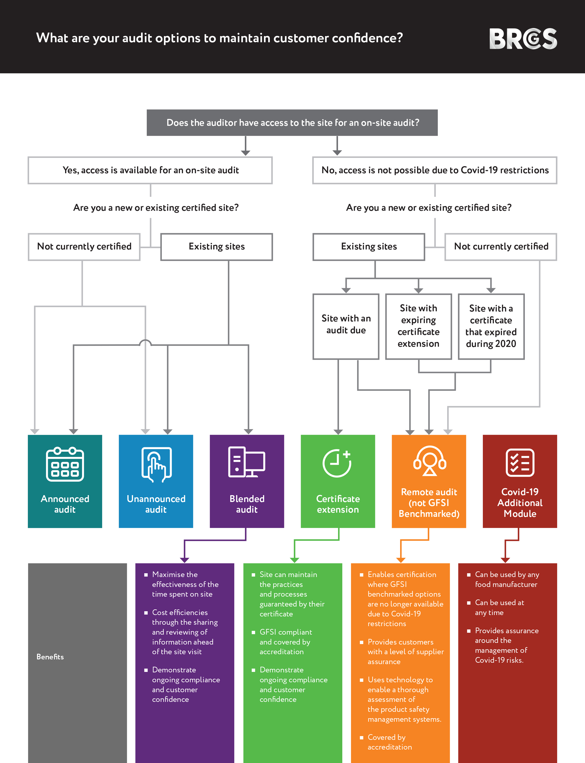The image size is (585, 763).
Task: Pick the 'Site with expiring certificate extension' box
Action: click(x=418, y=326)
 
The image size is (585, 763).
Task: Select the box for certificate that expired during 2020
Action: click(x=491, y=326)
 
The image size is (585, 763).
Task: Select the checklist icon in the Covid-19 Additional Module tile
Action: click(x=520, y=463)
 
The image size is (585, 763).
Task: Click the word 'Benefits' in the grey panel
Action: click(x=50, y=657)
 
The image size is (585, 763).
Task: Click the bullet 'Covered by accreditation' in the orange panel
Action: click(x=389, y=742)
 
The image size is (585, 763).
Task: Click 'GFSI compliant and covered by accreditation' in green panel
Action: click(x=285, y=642)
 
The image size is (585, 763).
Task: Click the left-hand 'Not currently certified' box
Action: click(x=84, y=247)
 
